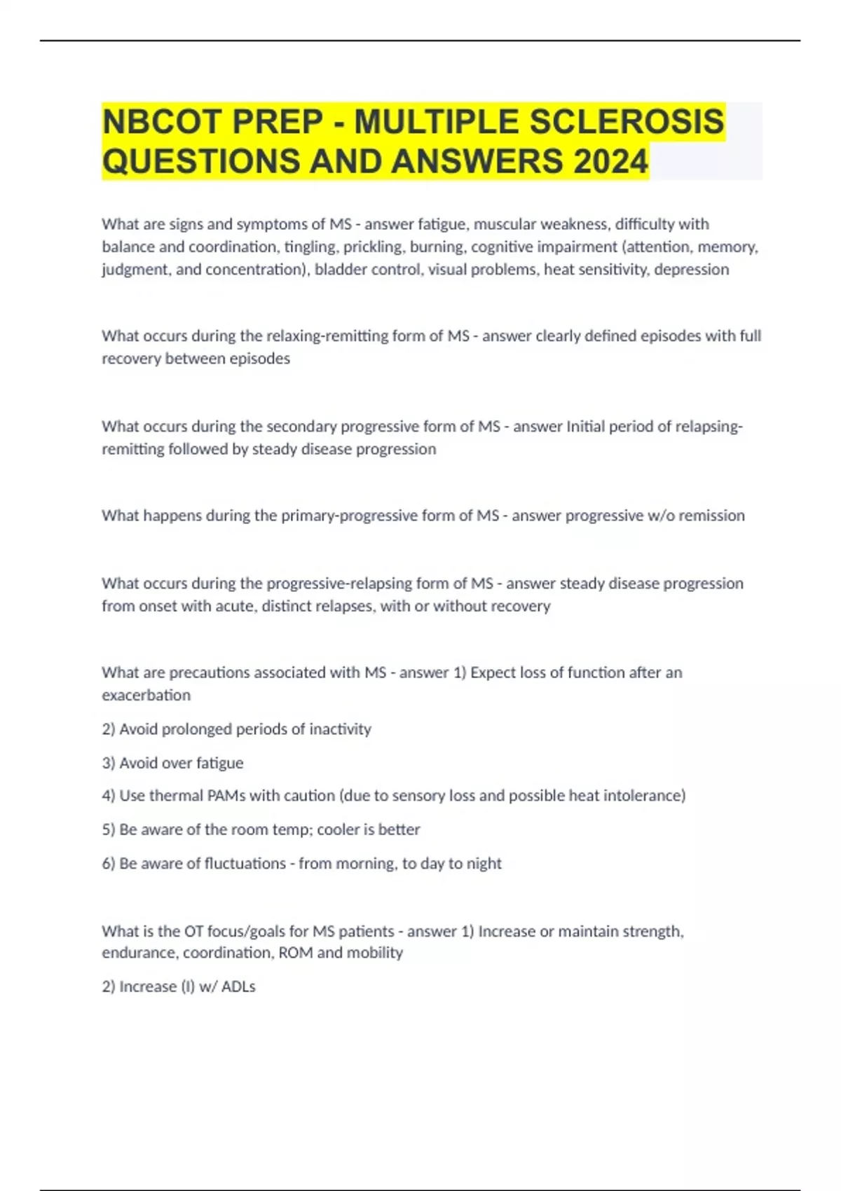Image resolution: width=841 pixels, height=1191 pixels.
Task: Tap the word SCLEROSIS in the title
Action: [x=626, y=122]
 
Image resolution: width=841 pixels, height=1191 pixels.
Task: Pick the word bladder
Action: [x=340, y=269]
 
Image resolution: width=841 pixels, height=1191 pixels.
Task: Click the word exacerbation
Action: [x=146, y=695]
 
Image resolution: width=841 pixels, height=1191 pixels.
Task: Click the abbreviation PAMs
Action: [x=225, y=796]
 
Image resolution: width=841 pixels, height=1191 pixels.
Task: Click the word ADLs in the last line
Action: [x=238, y=986]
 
